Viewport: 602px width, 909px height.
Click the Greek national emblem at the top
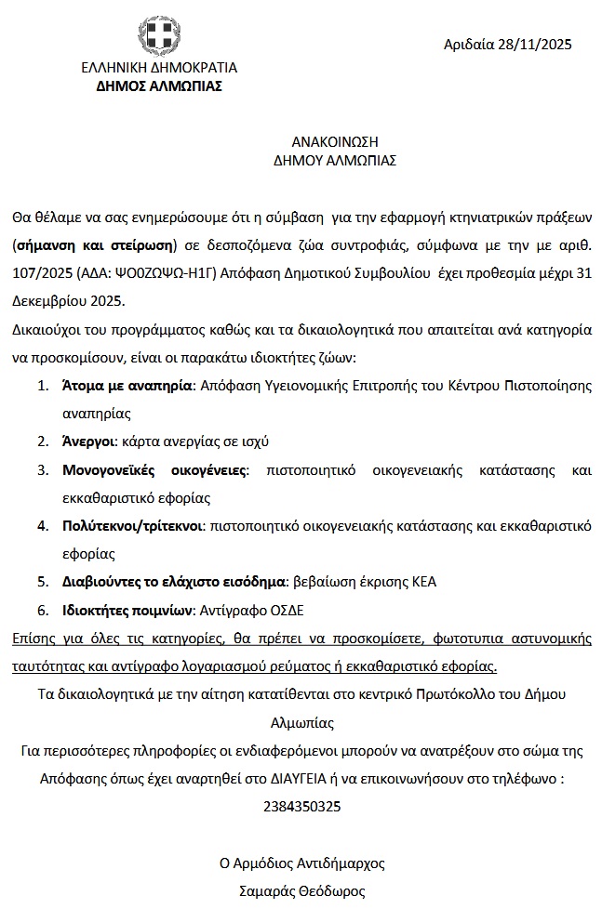(x=159, y=38)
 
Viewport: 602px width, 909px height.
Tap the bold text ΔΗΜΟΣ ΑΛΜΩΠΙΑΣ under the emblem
(x=159, y=86)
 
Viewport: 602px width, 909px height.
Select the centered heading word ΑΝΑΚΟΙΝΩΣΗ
(x=335, y=141)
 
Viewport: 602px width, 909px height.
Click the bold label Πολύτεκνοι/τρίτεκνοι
(x=133, y=525)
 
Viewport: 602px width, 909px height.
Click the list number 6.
(x=42, y=611)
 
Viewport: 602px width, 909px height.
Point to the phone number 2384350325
(x=302, y=806)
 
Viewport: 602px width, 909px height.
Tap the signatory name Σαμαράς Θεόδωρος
(x=302, y=890)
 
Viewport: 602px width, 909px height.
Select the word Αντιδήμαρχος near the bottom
(x=341, y=863)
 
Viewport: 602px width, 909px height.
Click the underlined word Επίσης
(x=34, y=639)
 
